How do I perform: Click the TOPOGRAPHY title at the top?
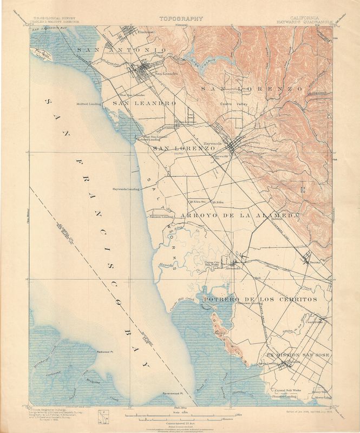point(181,18)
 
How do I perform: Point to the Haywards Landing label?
point(126,189)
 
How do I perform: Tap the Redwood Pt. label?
point(104,352)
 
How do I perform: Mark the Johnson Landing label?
point(161,216)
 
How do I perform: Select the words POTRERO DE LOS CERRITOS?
point(260,299)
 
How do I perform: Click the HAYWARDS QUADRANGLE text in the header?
point(316,22)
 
